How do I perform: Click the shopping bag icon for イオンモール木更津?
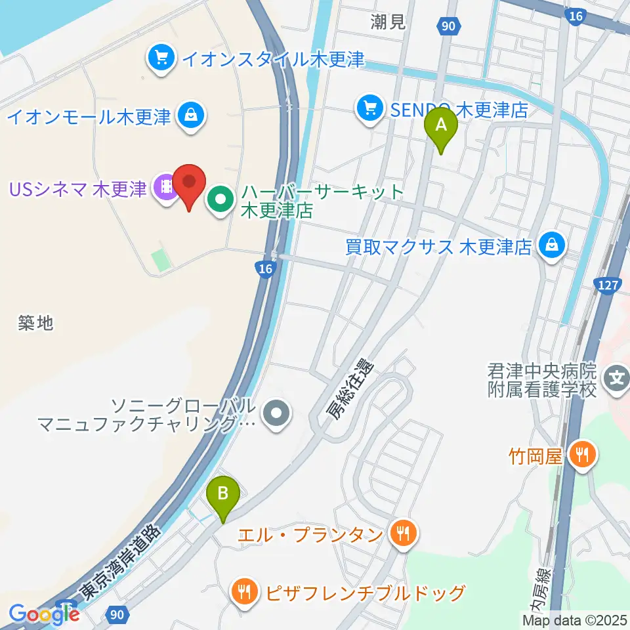click(x=190, y=117)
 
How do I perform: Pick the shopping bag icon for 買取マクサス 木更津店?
click(x=552, y=247)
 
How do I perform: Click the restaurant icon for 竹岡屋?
click(x=581, y=455)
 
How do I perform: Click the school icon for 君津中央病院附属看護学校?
click(x=617, y=379)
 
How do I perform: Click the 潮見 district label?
click(x=387, y=23)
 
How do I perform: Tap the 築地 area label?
click(x=36, y=322)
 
